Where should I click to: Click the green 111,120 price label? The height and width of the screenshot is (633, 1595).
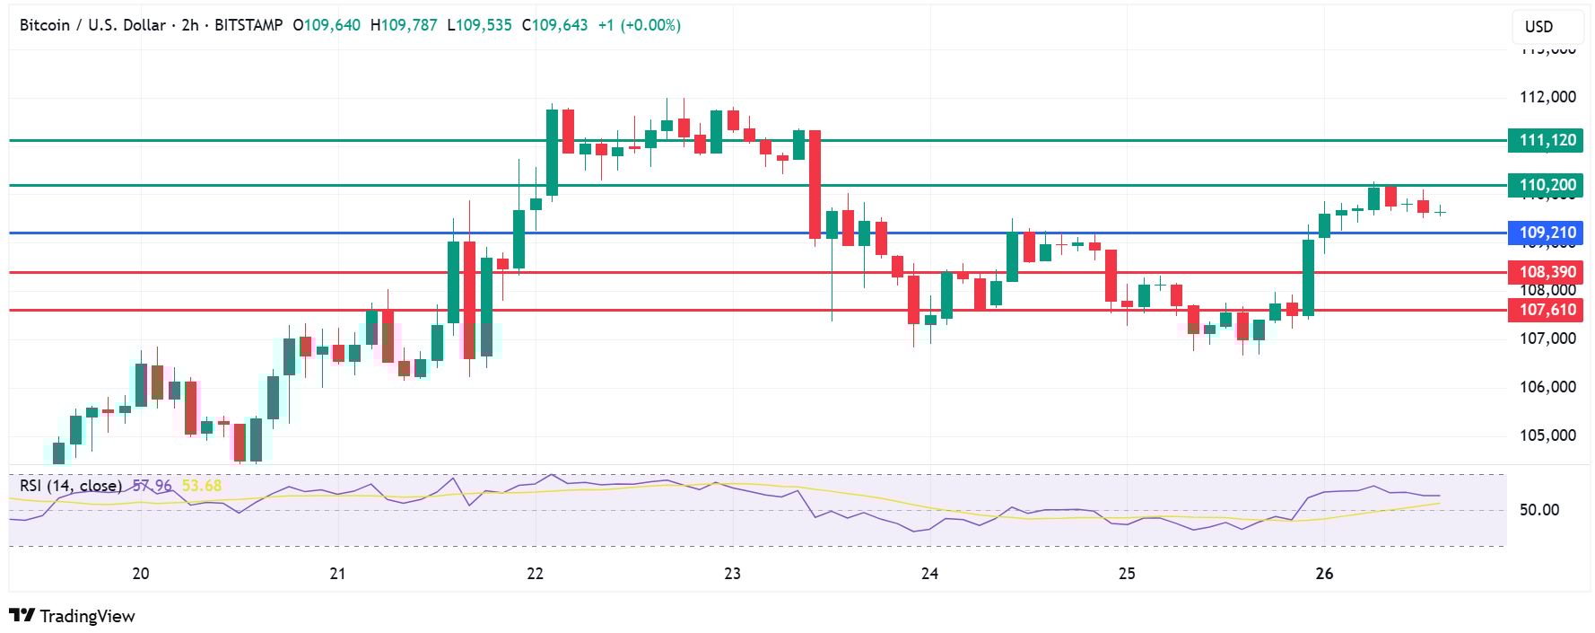pos(1547,140)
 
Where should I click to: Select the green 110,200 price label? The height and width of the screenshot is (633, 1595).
pos(1547,186)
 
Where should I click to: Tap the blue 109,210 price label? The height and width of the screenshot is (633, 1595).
pos(1547,233)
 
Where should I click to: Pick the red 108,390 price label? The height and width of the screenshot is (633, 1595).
pos(1547,272)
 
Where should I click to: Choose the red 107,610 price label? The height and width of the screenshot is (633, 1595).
pos(1547,310)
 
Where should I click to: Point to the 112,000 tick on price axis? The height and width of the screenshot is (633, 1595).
pos(1547,97)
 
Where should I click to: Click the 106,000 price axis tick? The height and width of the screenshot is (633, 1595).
pos(1547,387)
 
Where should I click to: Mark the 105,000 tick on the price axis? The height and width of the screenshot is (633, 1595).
pos(1547,435)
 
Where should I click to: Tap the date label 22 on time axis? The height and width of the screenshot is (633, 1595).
pos(536,574)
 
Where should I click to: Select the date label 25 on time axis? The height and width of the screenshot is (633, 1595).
pos(1127,574)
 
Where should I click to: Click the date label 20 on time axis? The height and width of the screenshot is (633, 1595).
pos(141,574)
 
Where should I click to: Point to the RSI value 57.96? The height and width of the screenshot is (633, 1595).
pos(152,486)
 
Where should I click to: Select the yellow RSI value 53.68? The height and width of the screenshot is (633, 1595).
pos(202,486)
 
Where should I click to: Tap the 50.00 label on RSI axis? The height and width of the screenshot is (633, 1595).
pos(1538,510)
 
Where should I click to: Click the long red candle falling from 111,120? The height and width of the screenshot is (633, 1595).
pos(815,184)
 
